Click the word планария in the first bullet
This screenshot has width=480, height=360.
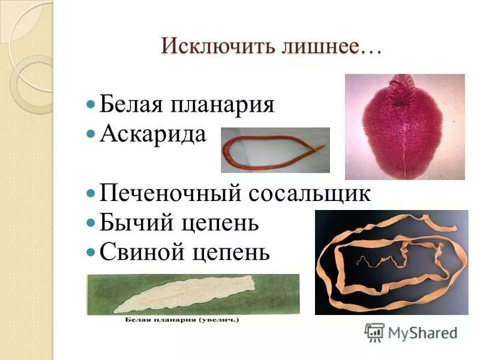223,104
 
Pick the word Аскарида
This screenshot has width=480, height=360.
153,134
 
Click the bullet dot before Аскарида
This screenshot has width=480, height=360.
91,134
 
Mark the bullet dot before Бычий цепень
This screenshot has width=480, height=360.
91,223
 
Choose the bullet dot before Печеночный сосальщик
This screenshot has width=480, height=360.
91,194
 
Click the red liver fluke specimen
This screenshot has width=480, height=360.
404,129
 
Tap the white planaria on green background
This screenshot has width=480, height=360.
180,294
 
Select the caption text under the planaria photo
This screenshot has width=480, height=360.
182,320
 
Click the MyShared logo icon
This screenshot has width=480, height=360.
374,332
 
